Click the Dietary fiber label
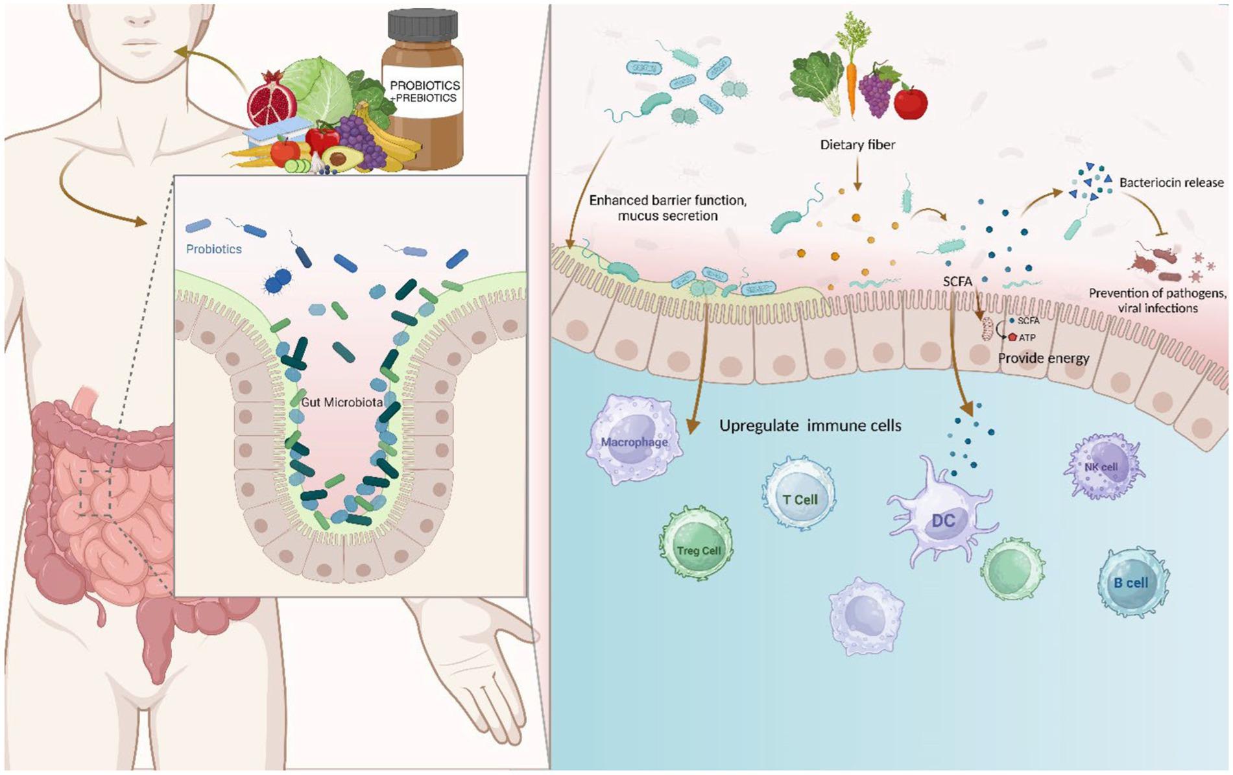coord(857,145)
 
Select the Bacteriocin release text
coord(1171,183)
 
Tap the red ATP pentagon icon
coord(1011,337)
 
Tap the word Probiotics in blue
coord(213,249)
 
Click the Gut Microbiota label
coord(342,402)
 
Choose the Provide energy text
coord(1043,358)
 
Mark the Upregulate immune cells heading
coord(810,425)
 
